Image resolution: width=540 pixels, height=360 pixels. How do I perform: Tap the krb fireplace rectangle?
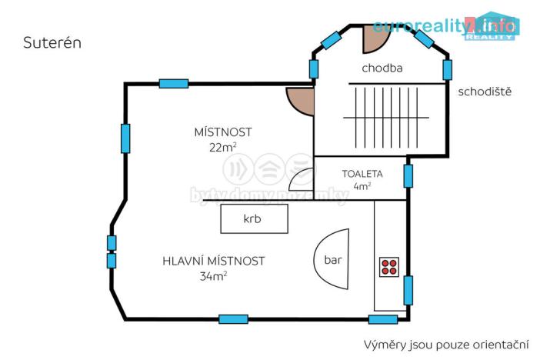(x=254, y=218)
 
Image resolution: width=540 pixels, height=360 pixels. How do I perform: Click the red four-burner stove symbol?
(x=388, y=266)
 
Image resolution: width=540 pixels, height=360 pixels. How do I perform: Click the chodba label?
(x=382, y=68)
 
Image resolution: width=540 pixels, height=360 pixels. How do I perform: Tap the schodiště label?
(x=485, y=92)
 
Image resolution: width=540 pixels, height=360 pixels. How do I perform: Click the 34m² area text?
(x=213, y=275)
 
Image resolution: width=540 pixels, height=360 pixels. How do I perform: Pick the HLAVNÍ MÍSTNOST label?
(x=214, y=261)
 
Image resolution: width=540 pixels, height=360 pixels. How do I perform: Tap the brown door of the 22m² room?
(x=301, y=101)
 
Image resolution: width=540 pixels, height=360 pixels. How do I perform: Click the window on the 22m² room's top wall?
(x=174, y=84)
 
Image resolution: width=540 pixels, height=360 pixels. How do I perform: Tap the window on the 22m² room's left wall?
(x=125, y=138)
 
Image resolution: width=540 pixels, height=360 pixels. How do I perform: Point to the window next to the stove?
(x=408, y=290)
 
